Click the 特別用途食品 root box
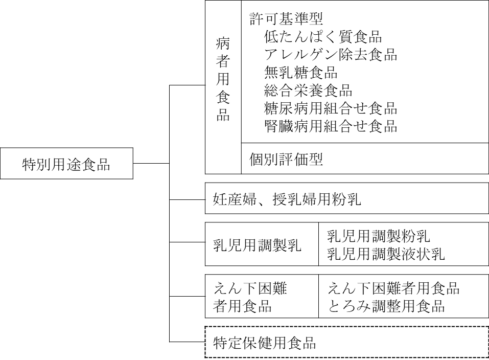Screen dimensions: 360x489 (x=66, y=164)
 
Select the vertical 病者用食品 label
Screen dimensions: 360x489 (x=223, y=87)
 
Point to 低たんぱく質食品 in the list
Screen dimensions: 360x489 (x=323, y=37)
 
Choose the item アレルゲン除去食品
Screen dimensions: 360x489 (x=331, y=55)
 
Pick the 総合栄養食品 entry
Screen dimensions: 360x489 (x=309, y=91)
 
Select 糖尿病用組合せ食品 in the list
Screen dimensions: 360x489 (x=331, y=108)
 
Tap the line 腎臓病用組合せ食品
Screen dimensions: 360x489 (x=331, y=126)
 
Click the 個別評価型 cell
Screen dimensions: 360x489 (x=286, y=159)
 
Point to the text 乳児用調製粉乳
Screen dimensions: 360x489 (x=379, y=236)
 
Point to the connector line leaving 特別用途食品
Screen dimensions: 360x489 (x=151, y=164)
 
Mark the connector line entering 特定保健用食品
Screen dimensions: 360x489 (x=187, y=342)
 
